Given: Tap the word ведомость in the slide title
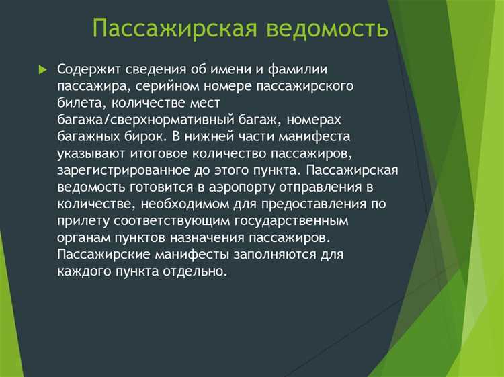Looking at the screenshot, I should coord(327,30).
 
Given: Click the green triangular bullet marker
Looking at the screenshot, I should coord(43,70).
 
